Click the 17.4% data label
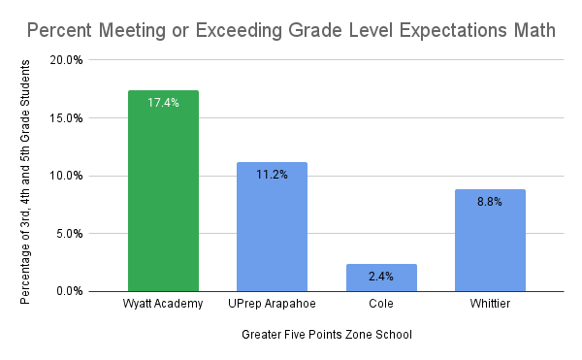coord(163,103)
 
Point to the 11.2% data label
coord(272,175)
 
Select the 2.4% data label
coord(381,277)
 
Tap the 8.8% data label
coord(490,202)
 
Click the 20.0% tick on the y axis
coord(66,60)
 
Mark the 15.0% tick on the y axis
coord(66,118)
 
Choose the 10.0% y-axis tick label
coord(66,176)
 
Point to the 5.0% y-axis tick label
coord(69,234)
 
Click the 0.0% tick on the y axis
coord(69,291)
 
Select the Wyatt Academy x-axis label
coord(163,306)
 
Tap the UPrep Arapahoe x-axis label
coord(272,306)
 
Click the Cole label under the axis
coord(381,306)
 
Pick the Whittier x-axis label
coord(490,306)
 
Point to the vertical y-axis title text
coord(25,180)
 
